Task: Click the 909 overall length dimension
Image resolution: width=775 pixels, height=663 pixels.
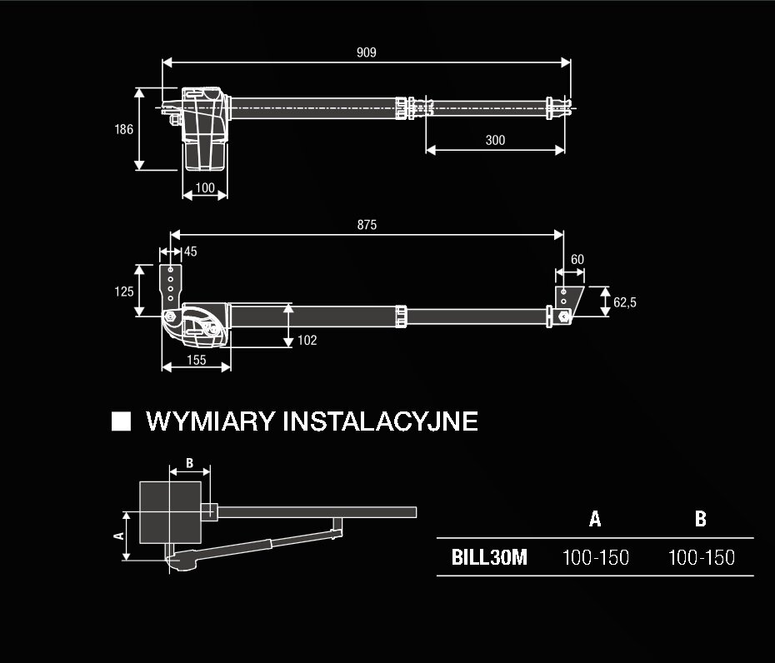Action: [366, 52]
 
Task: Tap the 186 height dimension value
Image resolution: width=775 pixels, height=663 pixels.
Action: [123, 129]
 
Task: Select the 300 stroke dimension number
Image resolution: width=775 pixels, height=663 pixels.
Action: [495, 140]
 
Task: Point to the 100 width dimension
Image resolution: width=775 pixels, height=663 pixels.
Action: [205, 187]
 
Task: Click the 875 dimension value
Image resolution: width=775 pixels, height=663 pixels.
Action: [367, 225]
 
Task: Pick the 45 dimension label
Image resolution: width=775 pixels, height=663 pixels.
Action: [190, 252]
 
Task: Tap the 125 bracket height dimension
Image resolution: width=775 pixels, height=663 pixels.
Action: [124, 292]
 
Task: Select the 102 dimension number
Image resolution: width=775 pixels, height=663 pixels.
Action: [307, 341]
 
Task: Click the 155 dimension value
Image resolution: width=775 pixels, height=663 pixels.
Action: [196, 360]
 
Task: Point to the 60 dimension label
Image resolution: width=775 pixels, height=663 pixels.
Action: [577, 260]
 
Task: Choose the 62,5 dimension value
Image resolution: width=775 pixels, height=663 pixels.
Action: [625, 302]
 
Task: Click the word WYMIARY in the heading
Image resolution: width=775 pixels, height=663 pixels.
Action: [210, 421]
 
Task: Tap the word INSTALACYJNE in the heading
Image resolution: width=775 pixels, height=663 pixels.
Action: [381, 421]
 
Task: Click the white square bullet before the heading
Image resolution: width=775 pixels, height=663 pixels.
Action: [121, 421]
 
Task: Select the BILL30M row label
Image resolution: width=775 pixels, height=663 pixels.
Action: [489, 557]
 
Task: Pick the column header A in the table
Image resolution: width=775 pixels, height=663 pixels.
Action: [595, 519]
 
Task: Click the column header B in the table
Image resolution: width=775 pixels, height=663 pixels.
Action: [700, 519]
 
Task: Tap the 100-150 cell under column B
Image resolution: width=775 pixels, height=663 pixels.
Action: [702, 557]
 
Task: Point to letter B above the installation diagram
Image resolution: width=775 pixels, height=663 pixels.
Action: [189, 463]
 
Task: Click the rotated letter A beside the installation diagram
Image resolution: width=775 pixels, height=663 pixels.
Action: [118, 536]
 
